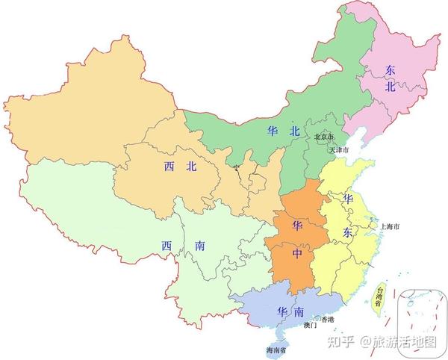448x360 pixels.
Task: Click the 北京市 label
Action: (x=324, y=137)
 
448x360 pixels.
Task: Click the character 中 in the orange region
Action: (x=298, y=254)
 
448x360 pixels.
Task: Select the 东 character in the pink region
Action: (x=390, y=69)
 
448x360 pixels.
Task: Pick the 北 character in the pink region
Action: (x=390, y=87)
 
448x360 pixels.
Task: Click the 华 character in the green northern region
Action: (x=273, y=131)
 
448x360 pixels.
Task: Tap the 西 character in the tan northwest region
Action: (x=170, y=167)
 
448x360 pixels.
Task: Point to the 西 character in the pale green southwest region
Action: (x=165, y=245)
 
